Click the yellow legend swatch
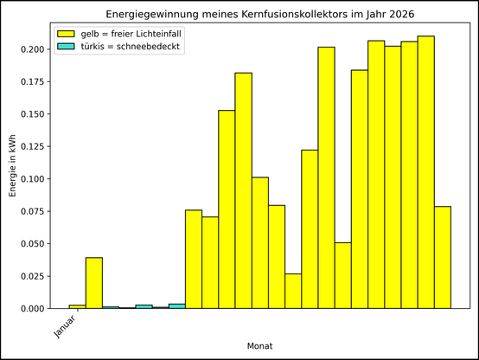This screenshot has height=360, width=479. (66, 34)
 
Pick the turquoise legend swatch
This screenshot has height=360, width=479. (66, 47)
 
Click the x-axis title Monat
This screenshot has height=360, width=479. (260, 345)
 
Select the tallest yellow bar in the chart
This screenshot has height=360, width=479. (426, 173)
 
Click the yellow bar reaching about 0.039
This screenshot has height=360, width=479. (94, 283)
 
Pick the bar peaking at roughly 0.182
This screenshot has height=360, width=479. (244, 190)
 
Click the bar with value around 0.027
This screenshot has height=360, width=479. (293, 292)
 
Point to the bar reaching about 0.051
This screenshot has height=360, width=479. (343, 275)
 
